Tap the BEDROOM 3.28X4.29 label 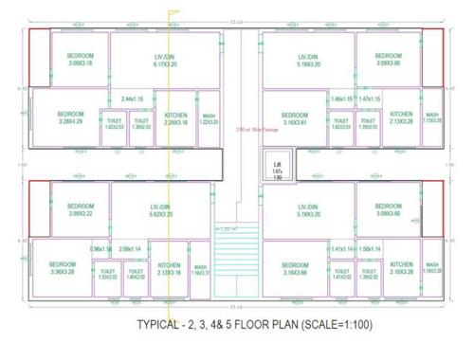click(x=71, y=117)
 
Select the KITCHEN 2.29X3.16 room click(x=175, y=118)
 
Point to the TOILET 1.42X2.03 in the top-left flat click(x=115, y=124)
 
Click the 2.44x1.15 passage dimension click(x=132, y=99)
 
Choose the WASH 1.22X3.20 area click(x=209, y=118)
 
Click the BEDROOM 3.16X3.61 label click(x=289, y=118)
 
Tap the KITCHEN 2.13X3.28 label click(x=401, y=117)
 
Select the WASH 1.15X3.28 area click(x=432, y=117)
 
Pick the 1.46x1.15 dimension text click(x=342, y=99)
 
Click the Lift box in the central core click(x=278, y=170)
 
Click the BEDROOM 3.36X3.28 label click(x=63, y=268)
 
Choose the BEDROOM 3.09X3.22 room click(x=81, y=210)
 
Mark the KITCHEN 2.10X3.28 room click(x=401, y=268)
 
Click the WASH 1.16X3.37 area click(x=200, y=271)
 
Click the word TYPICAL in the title click(x=160, y=326)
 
